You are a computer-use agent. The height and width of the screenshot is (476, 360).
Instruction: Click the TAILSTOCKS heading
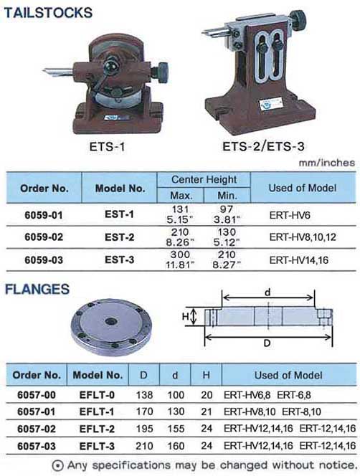[x=48, y=13]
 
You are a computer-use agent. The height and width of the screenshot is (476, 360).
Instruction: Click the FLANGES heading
[x=37, y=289]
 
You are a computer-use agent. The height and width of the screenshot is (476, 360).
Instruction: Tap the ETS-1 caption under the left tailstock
[x=107, y=147]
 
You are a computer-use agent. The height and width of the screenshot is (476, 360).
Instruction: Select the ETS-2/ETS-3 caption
[x=263, y=147]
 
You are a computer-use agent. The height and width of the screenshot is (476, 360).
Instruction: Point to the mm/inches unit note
[x=327, y=163]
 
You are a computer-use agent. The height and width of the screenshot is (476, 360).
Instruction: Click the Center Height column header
[x=204, y=179]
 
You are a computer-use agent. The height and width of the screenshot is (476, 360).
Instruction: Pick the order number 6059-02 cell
[x=44, y=237]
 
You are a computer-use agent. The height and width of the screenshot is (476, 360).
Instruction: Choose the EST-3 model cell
[x=119, y=260]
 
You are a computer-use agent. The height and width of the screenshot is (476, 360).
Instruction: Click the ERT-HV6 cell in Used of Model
[x=290, y=215]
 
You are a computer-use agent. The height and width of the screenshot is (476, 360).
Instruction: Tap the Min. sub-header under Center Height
[x=227, y=196]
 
